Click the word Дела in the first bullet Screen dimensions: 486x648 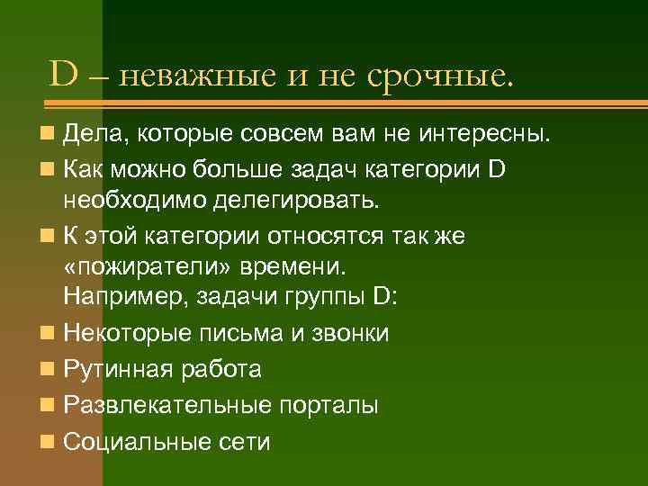[92, 136]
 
